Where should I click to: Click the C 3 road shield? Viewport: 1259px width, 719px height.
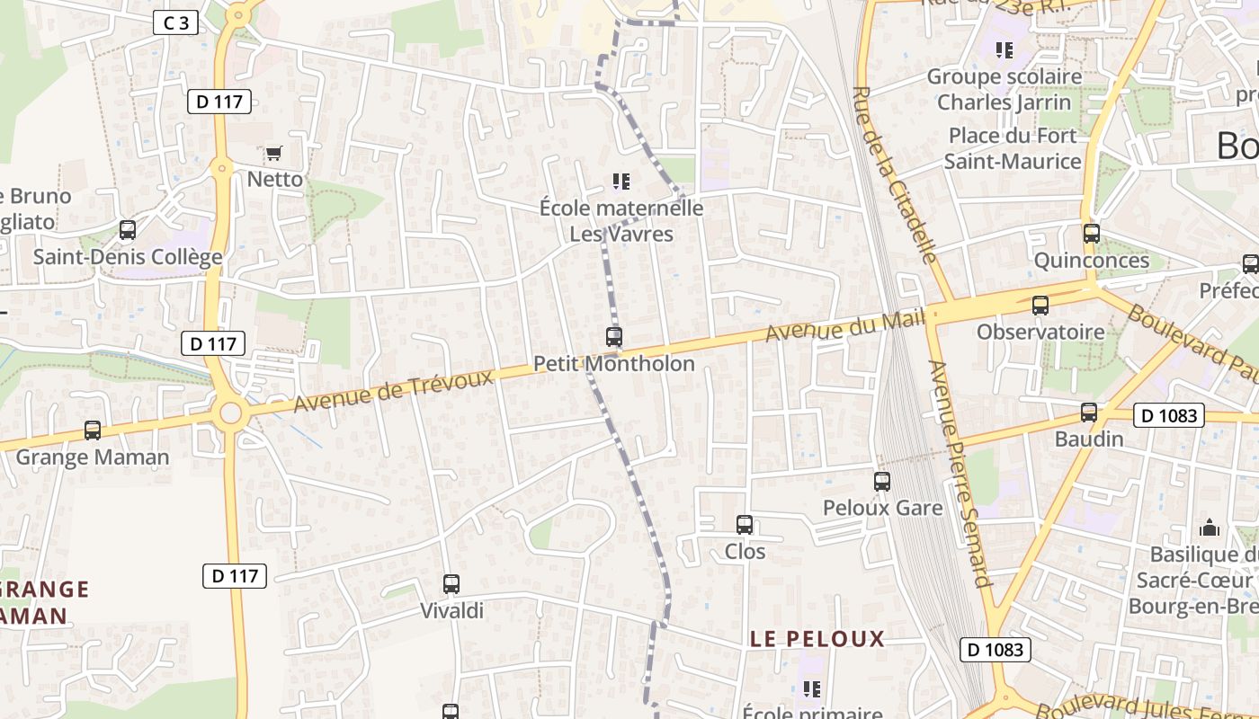coord(175,22)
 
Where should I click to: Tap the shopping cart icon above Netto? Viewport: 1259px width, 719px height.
coord(273,153)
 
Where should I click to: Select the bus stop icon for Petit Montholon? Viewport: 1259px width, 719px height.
coord(614,337)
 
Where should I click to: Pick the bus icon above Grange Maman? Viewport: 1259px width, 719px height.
coord(93,431)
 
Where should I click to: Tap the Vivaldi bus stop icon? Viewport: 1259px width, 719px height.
coord(451,584)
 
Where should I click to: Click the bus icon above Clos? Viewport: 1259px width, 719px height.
coord(745,524)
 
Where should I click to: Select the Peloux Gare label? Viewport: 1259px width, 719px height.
coord(882,508)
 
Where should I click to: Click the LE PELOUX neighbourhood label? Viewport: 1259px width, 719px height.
coord(817,639)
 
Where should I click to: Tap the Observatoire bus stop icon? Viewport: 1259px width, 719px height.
coord(1040,306)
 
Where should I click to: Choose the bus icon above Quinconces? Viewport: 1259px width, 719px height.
coord(1092,234)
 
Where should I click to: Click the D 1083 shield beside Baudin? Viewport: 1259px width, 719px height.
coord(1168,415)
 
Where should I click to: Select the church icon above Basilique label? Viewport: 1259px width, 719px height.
coord(1210,527)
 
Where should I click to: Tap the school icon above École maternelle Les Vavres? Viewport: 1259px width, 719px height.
coord(621,182)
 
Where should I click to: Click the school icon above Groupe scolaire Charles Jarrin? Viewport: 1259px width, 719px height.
coord(1004,50)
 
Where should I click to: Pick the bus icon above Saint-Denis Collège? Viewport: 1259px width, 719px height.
coord(128,230)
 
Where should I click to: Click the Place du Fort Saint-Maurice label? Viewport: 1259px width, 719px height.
coord(1013,148)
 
